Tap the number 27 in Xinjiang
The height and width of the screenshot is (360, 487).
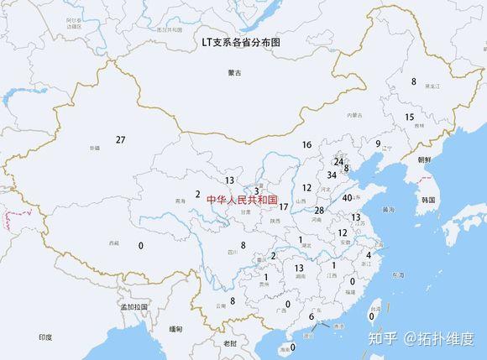[x=121, y=139]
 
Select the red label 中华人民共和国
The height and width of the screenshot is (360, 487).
[x=241, y=200]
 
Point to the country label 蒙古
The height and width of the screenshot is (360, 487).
[x=234, y=74]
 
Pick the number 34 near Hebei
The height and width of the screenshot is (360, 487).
[x=332, y=175]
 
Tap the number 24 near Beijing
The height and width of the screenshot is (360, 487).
[x=338, y=161]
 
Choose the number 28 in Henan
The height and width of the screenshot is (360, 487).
[x=319, y=211]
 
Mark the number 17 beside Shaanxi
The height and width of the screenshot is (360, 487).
[x=284, y=206]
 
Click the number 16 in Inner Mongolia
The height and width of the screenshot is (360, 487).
[x=306, y=145]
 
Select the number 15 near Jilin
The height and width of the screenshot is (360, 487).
[x=409, y=117]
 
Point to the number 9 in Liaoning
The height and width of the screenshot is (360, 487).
[x=379, y=143]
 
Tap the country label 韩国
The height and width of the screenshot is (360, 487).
[x=429, y=200]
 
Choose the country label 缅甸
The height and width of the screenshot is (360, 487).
[x=175, y=329]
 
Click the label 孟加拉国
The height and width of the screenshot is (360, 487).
[x=134, y=307]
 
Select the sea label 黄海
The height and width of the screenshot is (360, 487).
[x=387, y=209]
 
